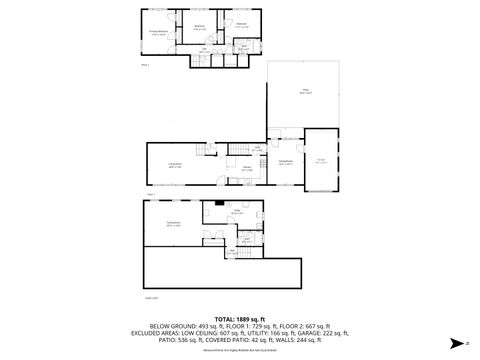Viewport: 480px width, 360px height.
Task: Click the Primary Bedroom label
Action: point(159,33)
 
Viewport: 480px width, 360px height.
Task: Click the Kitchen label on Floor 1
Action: point(246,170)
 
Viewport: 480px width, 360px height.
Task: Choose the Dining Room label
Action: point(285,162)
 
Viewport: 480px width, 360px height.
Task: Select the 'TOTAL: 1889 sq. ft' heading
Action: point(239,318)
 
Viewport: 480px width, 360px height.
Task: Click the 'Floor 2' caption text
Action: point(145,65)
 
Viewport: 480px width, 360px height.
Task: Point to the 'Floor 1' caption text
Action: point(150,192)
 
